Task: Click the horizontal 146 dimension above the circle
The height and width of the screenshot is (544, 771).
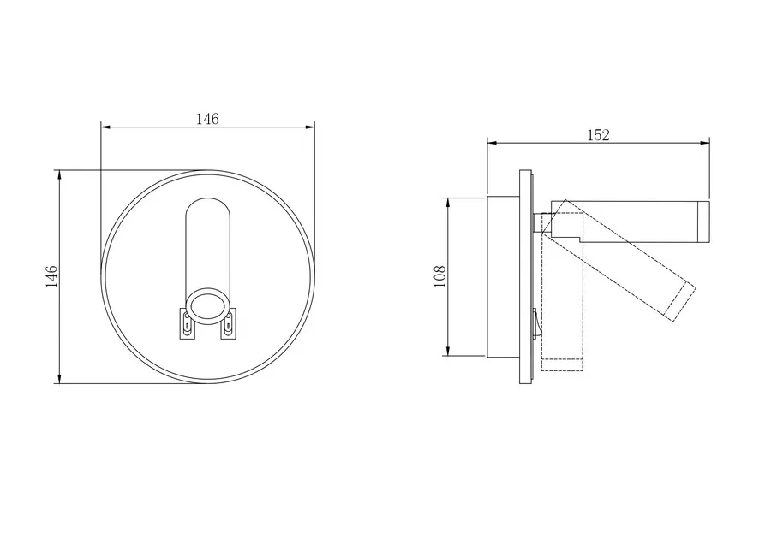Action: [x=207, y=119]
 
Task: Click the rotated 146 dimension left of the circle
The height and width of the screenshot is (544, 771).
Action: [x=51, y=276]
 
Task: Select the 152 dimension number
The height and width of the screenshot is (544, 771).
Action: [x=599, y=135]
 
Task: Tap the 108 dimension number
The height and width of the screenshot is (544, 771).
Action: [x=439, y=276]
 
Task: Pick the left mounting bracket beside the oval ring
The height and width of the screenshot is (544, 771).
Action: [x=186, y=323]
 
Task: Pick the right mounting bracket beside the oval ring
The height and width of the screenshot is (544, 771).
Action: [x=229, y=323]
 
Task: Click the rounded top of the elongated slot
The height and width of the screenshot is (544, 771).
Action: [x=207, y=198]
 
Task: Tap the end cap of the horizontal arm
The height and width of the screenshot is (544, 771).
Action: [x=703, y=222]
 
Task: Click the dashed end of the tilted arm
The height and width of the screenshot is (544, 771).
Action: [x=680, y=303]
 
